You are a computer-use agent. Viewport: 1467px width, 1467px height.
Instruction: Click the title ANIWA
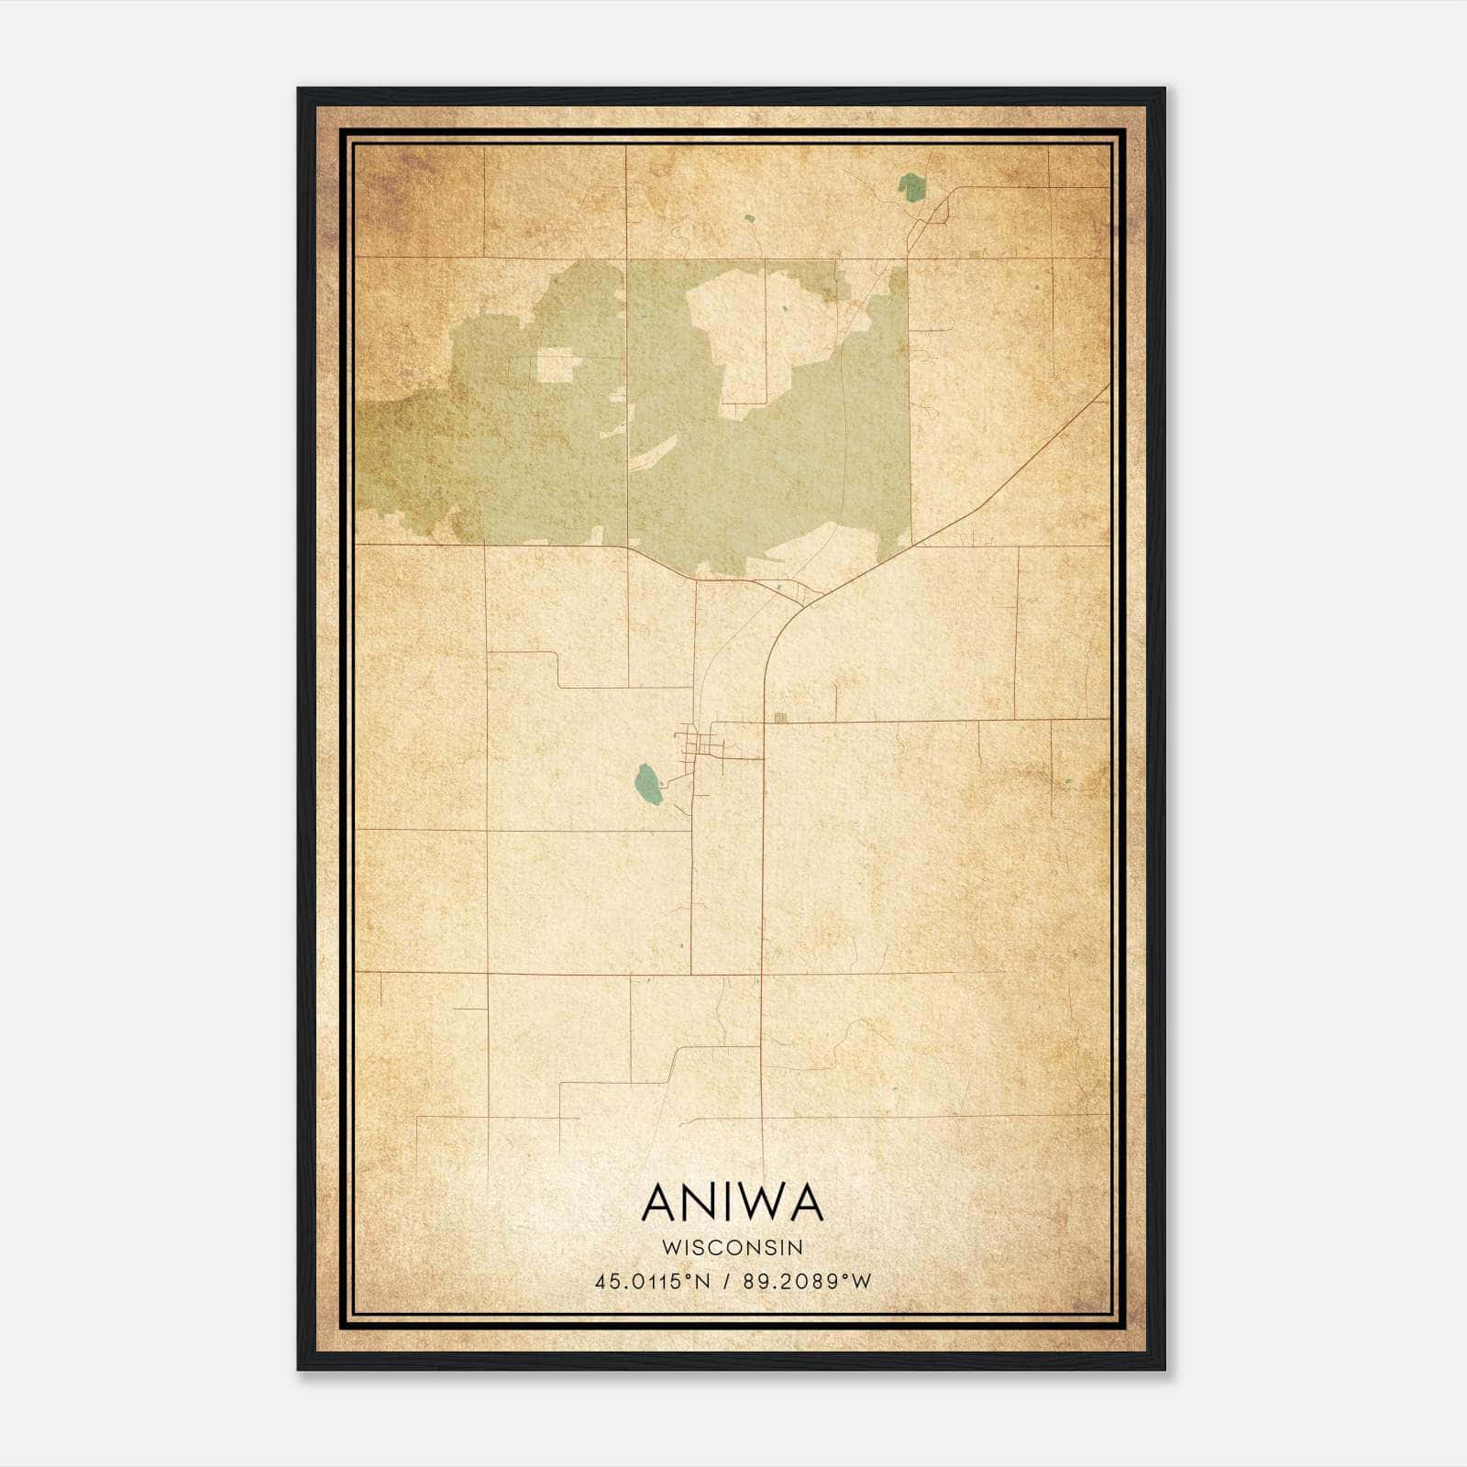733,1203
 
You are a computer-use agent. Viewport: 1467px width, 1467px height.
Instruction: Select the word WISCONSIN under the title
733,1247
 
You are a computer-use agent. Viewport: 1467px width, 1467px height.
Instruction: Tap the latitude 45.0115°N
653,1282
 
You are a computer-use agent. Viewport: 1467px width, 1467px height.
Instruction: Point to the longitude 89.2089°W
807,1282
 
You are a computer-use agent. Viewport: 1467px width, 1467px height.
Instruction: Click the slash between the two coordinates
727,1282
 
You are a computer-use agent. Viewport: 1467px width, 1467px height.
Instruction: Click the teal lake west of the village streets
647,785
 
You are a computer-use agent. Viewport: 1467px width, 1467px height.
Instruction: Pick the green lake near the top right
911,187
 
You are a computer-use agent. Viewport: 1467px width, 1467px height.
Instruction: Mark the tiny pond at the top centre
749,219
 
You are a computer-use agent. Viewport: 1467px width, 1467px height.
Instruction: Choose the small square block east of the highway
780,718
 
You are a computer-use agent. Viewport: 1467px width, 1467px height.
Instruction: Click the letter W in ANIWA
757,1203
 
